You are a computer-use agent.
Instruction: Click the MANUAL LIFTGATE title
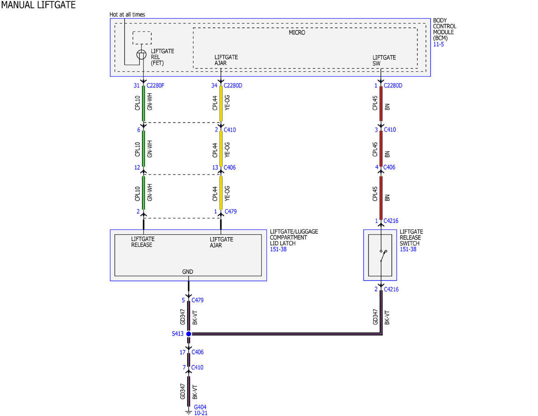[39, 5]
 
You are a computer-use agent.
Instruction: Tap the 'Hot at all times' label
[127, 15]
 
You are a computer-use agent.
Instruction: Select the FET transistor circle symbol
[141, 54]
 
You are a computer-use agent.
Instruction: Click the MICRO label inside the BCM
[297, 32]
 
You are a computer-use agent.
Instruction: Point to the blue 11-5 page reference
[438, 44]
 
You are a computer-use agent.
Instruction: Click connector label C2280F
[156, 85]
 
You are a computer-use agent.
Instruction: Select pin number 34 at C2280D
[214, 85]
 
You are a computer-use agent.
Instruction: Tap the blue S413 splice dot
[189, 334]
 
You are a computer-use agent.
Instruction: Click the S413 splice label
[178, 334]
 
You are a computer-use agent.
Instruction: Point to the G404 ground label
[200, 407]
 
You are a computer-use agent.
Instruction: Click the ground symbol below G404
[189, 413]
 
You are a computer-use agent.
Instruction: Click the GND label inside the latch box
[188, 272]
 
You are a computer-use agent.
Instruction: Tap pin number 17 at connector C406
[182, 352]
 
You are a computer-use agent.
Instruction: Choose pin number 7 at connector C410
[184, 368]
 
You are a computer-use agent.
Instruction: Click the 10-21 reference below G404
[201, 413]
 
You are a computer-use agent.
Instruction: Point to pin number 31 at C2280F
[137, 85]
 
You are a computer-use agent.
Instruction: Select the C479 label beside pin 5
[198, 300]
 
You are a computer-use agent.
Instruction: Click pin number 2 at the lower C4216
[376, 289]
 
